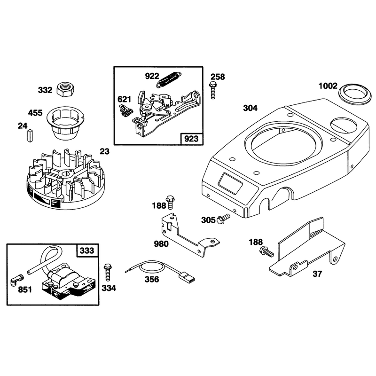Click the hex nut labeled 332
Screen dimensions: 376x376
pos(65,89)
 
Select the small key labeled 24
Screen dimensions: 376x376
pos(30,135)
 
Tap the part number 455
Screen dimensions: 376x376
pos(35,113)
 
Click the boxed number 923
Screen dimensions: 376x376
pos(191,139)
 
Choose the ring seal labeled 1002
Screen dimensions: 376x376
pos(354,94)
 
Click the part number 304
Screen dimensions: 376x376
pos(250,108)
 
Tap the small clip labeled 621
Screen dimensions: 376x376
pos(125,110)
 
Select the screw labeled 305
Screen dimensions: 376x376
pos(223,219)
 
